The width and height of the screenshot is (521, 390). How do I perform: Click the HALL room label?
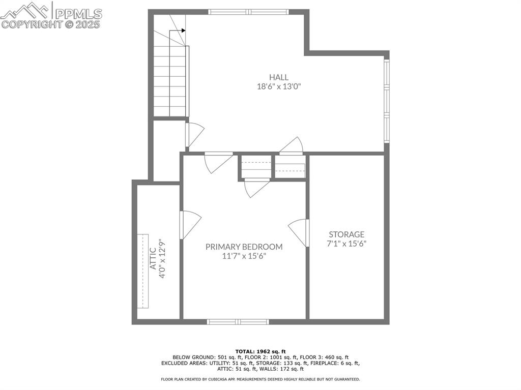point(279,77)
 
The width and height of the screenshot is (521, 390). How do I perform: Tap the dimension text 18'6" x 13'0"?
point(279,86)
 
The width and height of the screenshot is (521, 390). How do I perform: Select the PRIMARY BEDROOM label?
point(244,247)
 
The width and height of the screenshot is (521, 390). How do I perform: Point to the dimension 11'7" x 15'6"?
point(244,256)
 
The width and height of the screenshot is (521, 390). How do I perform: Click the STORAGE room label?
point(346,234)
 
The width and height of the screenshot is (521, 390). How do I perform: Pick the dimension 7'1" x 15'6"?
point(346,244)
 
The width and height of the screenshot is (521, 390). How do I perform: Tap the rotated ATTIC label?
point(153,258)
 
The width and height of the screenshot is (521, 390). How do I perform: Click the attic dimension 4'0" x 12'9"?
point(163,258)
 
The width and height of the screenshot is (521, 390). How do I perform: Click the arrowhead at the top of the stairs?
point(183,31)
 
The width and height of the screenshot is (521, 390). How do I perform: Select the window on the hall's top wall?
point(248,12)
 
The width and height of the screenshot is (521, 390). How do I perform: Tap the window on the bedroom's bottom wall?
point(238,321)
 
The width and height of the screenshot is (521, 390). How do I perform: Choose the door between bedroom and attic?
point(190,224)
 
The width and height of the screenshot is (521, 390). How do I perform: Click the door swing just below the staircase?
point(195,134)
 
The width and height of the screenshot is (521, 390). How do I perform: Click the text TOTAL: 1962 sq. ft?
point(260,351)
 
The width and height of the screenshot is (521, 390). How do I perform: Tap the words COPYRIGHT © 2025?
point(51,24)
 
